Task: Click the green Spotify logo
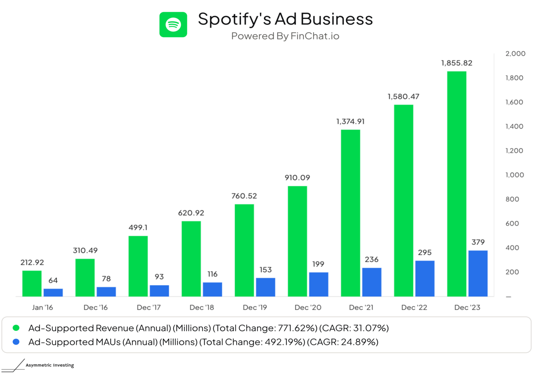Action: (173, 25)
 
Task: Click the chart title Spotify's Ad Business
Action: (285, 19)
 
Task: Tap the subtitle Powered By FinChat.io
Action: (285, 36)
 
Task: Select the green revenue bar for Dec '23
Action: (456, 184)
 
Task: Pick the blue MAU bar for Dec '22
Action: (425, 278)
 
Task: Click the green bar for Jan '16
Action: (32, 283)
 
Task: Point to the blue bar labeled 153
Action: (265, 287)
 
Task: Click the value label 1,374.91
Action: (350, 122)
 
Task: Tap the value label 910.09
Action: (297, 178)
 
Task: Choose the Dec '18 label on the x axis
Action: (201, 307)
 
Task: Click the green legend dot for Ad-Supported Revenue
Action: (16, 328)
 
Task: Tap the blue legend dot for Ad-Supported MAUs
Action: (16, 342)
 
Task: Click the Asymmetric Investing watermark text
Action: (50, 365)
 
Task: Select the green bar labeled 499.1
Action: (138, 266)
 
